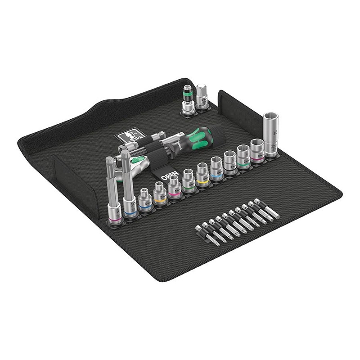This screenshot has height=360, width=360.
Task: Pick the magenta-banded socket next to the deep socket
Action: coord(257,152)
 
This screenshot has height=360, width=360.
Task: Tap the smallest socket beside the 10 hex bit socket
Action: coord(145,199)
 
